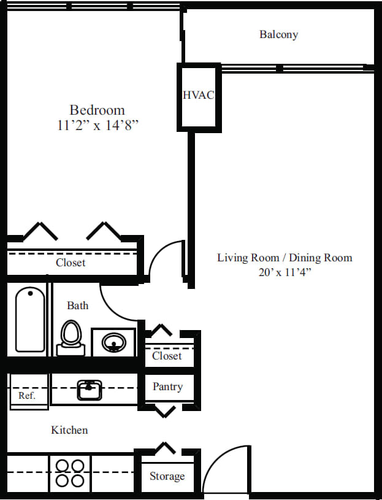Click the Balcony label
[x=278, y=34]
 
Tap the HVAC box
[x=198, y=96]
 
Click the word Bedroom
[x=97, y=110]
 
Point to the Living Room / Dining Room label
[x=285, y=258]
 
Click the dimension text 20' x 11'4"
[x=285, y=273]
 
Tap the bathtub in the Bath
[x=29, y=319]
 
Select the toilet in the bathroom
[x=71, y=338]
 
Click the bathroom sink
[x=113, y=342]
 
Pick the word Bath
[x=77, y=306]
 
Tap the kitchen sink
[x=90, y=389]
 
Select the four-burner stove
[x=69, y=473]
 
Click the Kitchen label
[x=69, y=430]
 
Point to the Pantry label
[x=167, y=387]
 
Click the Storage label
[x=167, y=476]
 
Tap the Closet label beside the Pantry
[x=167, y=356]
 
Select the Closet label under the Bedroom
[x=71, y=263]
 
